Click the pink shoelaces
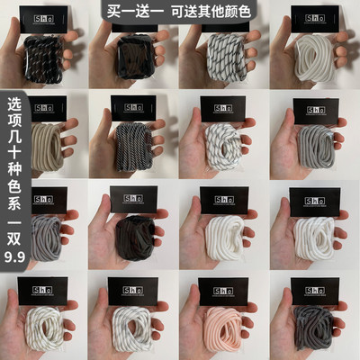(225, 322)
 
